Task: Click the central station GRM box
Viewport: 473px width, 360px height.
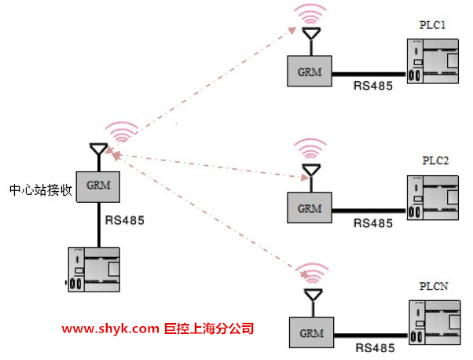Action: (x=97, y=187)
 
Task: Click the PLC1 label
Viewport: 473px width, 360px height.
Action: (x=434, y=25)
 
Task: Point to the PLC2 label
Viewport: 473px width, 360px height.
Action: (x=434, y=160)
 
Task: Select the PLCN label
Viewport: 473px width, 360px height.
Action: (x=434, y=288)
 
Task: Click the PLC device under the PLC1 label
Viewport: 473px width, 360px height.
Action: (x=434, y=62)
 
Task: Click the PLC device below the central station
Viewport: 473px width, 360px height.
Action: (x=93, y=270)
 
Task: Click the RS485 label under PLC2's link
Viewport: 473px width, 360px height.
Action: (x=373, y=223)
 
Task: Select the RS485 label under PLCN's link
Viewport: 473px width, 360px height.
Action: (x=375, y=347)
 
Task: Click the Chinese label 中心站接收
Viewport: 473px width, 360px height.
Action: (x=40, y=189)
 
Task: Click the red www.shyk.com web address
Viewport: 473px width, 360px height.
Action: (x=110, y=329)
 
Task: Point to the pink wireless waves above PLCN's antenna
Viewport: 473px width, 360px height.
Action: (x=315, y=274)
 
